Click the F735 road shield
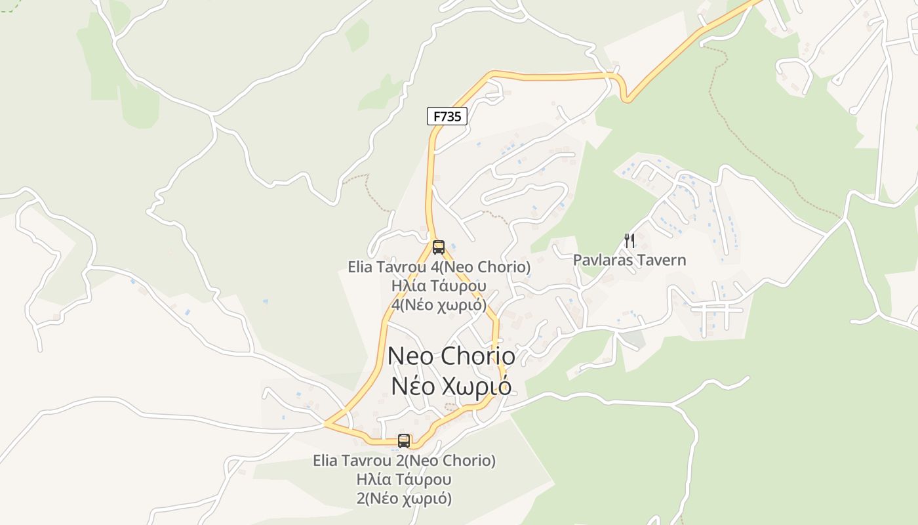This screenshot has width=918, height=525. pos(448,117)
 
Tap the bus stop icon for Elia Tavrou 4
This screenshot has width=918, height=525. pos(439,247)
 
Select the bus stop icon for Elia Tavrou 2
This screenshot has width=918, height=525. pos(404,441)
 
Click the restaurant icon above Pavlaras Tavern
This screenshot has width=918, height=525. pos(629,241)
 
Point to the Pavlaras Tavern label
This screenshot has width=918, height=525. pos(629,261)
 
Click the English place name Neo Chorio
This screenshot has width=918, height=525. pos(451,356)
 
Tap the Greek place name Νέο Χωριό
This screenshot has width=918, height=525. pos(451,386)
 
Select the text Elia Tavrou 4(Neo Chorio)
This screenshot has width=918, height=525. pos(439,267)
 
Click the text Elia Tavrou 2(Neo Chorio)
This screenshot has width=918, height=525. pos(404,461)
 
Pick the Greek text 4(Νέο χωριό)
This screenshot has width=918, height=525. pos(439,305)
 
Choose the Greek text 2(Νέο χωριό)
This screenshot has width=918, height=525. pos(404,499)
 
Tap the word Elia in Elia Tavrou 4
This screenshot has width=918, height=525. pos(360,267)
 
